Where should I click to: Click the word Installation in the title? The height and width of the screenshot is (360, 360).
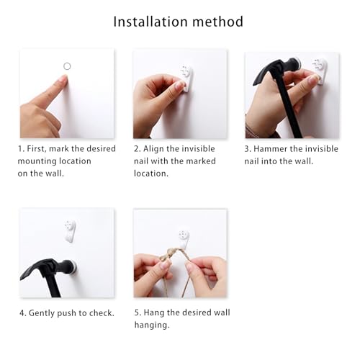[x=150, y=22]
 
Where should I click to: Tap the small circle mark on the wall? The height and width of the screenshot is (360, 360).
[x=67, y=66]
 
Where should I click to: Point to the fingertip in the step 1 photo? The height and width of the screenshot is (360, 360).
[x=64, y=78]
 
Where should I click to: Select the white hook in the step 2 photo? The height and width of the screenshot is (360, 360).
[x=186, y=78]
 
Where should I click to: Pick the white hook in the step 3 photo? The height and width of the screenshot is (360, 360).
[x=320, y=71]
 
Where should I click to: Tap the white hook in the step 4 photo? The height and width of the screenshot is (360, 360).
[x=70, y=230]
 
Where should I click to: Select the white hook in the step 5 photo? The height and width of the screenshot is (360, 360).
[x=184, y=239]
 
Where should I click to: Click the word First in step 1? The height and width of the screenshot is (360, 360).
[x=36, y=149]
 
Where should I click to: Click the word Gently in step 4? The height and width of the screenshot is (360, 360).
[x=42, y=313]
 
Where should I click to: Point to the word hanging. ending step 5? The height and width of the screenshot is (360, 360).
[x=152, y=325]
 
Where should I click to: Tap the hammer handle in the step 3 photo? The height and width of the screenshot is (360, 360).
[x=289, y=108]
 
